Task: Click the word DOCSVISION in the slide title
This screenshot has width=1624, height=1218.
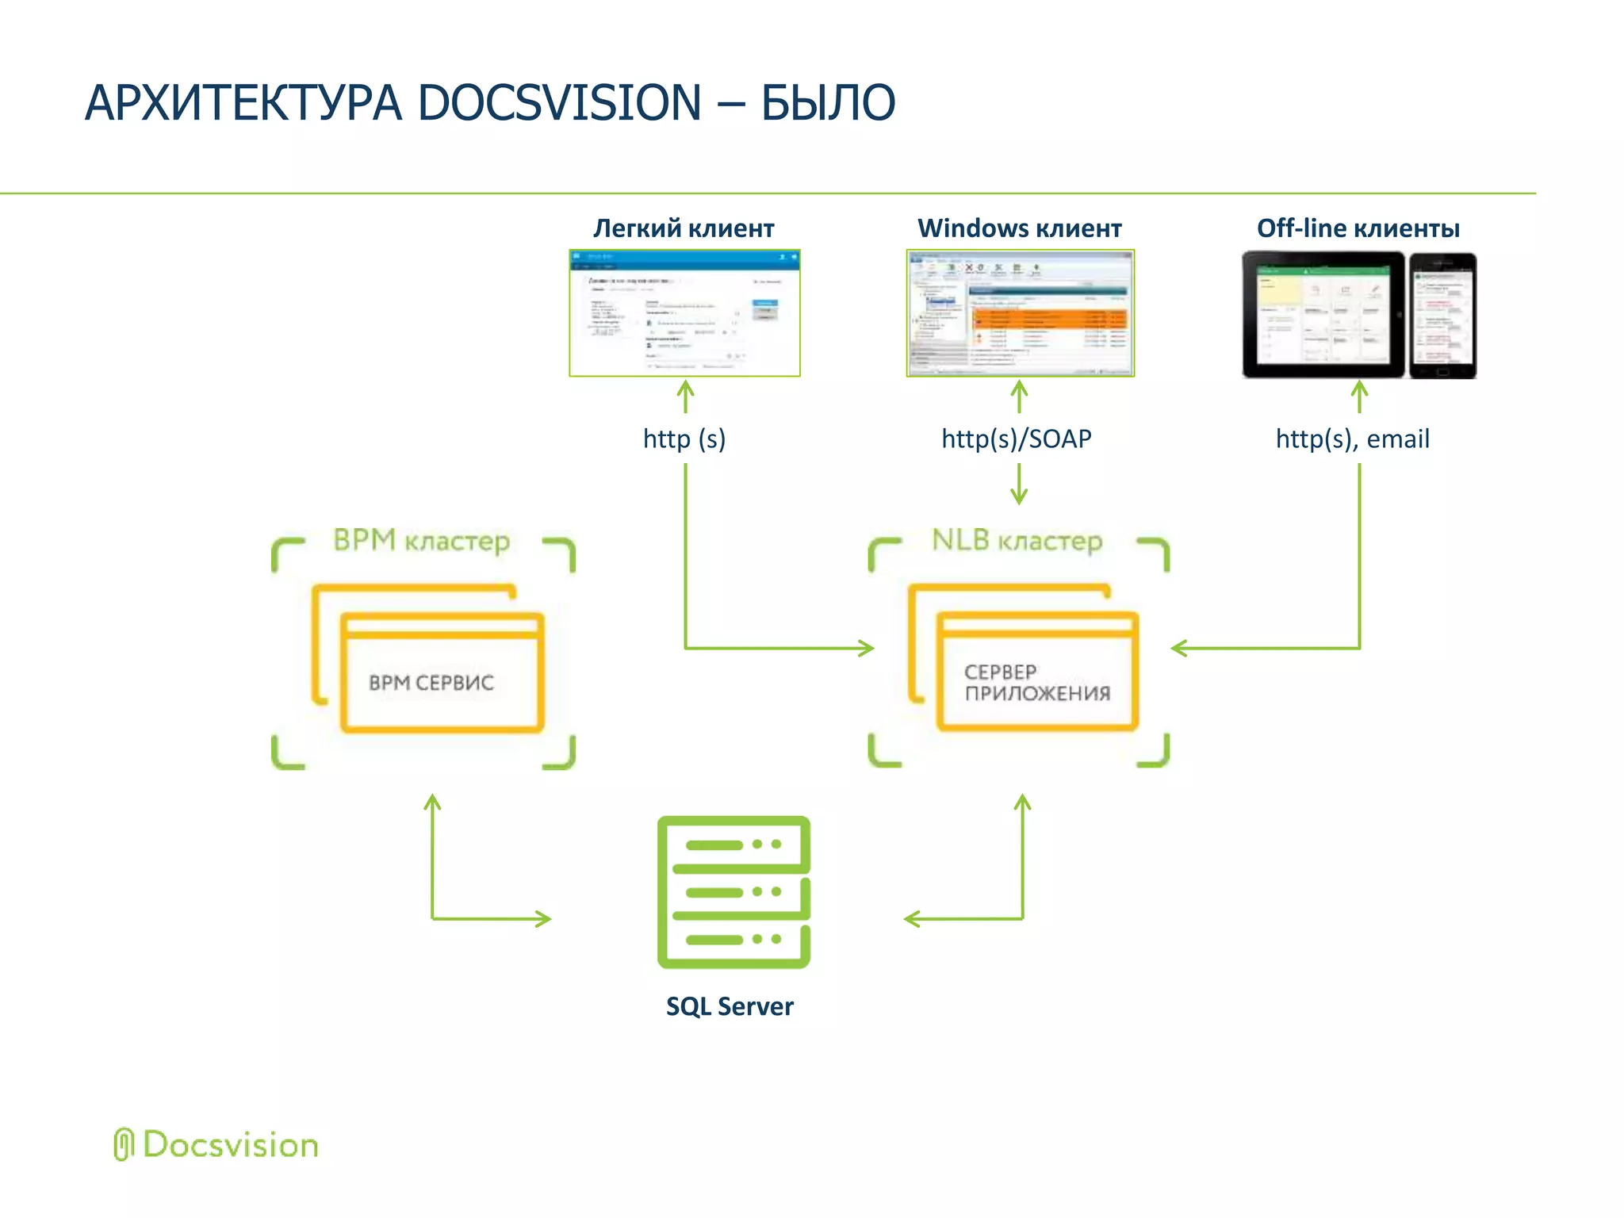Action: (559, 103)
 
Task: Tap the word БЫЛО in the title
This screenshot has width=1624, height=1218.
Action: (828, 103)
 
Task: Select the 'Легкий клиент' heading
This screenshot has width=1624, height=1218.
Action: (684, 228)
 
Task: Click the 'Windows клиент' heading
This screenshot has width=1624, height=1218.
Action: (1019, 228)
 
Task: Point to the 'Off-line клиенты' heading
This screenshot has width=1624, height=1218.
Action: (1358, 228)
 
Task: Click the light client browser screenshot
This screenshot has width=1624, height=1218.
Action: (684, 313)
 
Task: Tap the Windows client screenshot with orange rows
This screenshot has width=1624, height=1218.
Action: (1021, 313)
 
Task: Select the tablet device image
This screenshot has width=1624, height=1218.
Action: (1323, 315)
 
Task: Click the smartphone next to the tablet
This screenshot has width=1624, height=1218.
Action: (1442, 316)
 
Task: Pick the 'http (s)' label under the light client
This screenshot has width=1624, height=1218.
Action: (684, 439)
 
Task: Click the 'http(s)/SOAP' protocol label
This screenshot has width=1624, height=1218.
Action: (1017, 439)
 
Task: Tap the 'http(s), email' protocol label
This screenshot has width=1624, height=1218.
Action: (1352, 439)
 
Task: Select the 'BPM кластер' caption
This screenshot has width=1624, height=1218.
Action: (421, 541)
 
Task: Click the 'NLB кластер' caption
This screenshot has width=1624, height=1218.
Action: (1017, 541)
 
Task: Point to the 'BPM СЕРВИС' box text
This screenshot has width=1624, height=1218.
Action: (431, 683)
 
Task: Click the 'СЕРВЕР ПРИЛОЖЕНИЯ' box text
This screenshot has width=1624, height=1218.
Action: (1036, 683)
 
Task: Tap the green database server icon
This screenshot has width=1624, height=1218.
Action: (733, 892)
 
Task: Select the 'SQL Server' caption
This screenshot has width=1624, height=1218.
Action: (730, 1006)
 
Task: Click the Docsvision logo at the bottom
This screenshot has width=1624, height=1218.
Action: (216, 1145)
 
